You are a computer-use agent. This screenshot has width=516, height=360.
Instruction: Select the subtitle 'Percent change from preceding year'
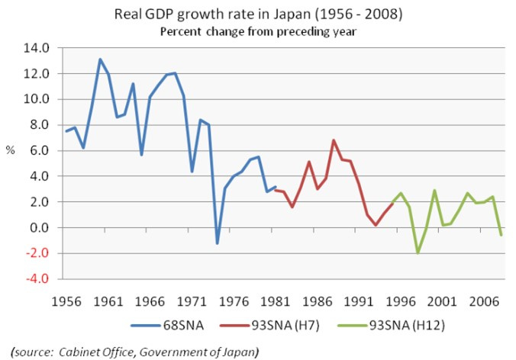(258, 31)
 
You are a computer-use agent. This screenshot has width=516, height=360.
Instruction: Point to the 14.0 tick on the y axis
(37, 48)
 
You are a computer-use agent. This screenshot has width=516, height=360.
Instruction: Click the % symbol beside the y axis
(11, 151)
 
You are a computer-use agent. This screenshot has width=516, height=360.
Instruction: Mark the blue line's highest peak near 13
(100, 59)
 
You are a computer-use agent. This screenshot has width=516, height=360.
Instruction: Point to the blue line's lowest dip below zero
(217, 243)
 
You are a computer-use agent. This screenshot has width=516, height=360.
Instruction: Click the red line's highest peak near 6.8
(334, 140)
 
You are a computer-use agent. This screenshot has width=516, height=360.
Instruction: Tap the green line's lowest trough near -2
(418, 252)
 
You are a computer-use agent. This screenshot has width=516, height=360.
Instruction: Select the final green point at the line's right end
(501, 235)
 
